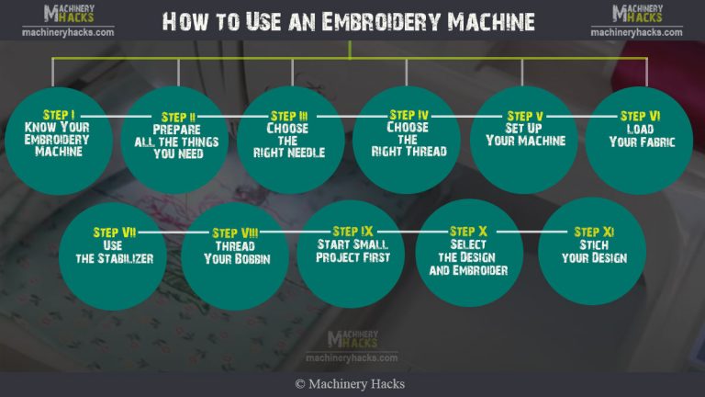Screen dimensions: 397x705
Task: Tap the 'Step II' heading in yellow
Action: [x=178, y=117]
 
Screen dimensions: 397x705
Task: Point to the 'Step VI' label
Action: [x=640, y=116]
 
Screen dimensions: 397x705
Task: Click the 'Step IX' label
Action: [x=353, y=232]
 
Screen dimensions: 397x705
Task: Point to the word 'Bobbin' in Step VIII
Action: [x=251, y=259]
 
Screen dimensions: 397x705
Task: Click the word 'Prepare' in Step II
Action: [x=178, y=130]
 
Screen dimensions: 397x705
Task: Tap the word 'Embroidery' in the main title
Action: [x=377, y=20]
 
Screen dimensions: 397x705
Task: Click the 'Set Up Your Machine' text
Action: [x=524, y=135]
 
